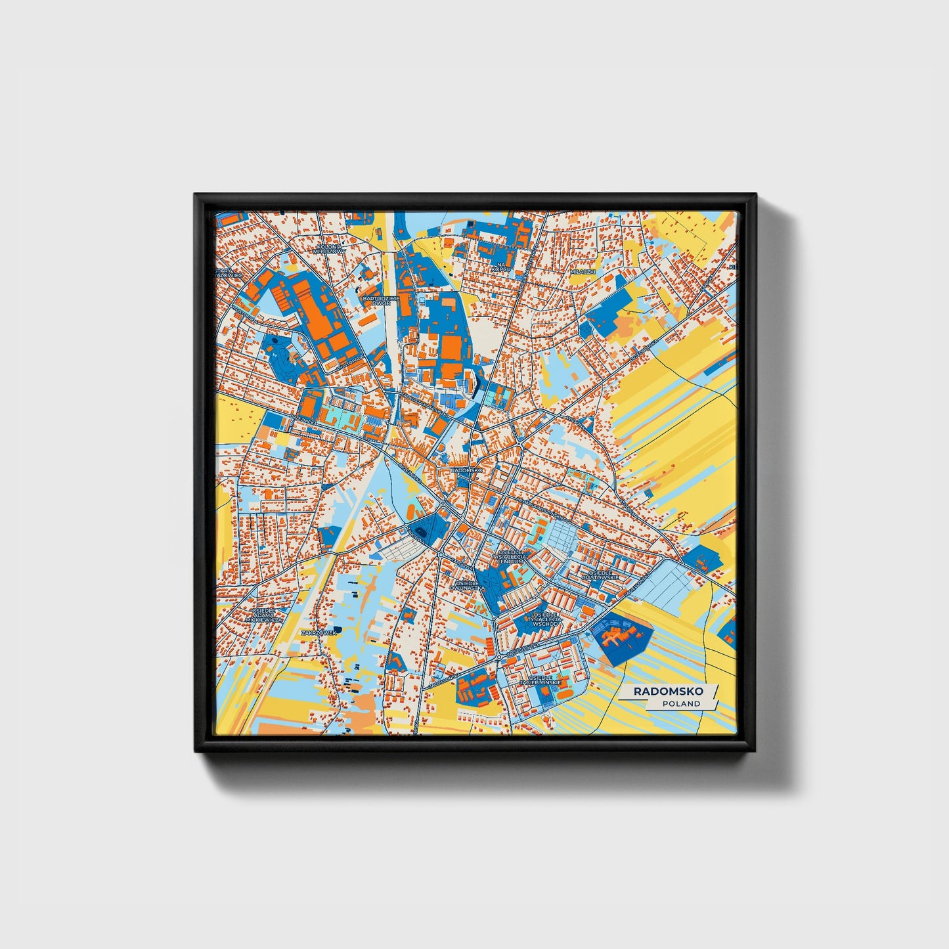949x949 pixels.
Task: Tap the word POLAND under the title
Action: click(x=681, y=703)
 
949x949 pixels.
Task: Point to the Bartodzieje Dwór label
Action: click(x=376, y=301)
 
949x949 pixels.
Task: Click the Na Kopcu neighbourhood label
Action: click(x=500, y=266)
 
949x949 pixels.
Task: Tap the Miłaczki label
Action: click(x=582, y=271)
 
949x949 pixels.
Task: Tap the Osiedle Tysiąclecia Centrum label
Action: click(x=510, y=558)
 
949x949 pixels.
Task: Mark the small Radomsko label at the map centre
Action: click(x=467, y=471)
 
